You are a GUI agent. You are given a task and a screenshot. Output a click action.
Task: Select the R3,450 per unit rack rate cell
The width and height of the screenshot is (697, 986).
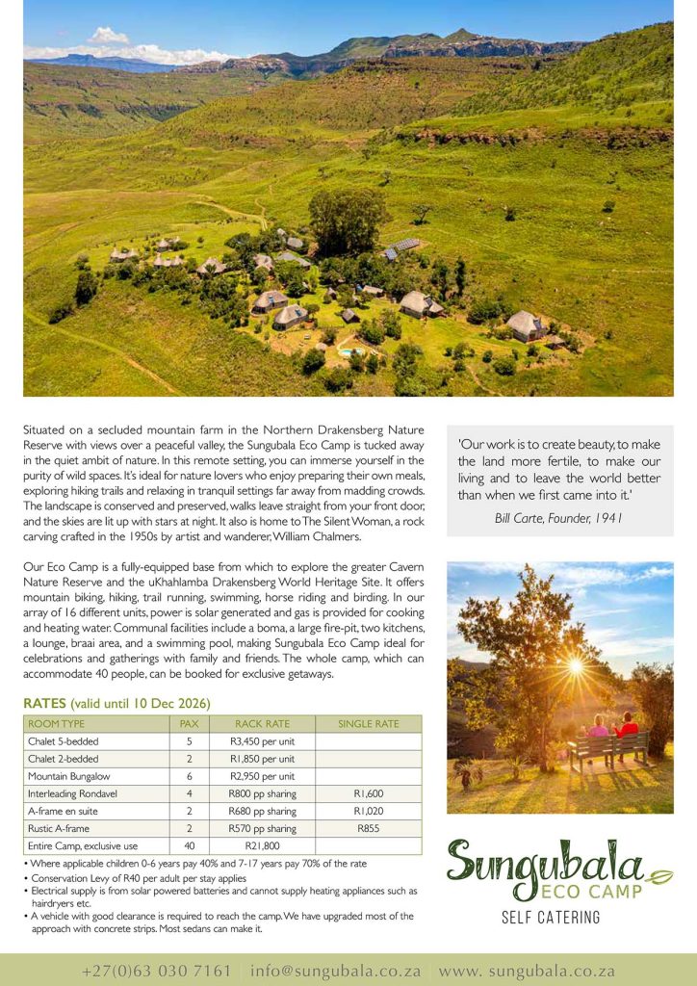point(262,741)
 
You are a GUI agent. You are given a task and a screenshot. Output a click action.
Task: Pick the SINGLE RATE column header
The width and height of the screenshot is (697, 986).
point(369,723)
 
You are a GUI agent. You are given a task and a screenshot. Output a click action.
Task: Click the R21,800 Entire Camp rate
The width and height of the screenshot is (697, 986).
point(262,846)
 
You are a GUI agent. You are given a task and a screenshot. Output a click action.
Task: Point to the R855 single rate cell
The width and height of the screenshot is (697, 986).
point(369,828)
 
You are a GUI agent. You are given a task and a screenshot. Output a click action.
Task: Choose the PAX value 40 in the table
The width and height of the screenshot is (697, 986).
point(188,846)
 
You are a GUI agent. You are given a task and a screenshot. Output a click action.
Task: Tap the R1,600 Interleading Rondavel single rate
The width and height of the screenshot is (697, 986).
point(369,793)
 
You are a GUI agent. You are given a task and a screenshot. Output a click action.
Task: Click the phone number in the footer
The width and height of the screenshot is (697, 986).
point(157,971)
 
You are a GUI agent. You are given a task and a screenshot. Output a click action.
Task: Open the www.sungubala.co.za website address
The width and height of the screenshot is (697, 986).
point(527,971)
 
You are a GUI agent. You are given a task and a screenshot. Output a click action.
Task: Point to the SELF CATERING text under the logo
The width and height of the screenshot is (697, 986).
point(551,918)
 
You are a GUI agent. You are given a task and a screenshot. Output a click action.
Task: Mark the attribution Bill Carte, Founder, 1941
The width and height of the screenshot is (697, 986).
point(558,518)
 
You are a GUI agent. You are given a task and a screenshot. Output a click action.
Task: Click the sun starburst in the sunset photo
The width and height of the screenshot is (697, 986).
point(575,665)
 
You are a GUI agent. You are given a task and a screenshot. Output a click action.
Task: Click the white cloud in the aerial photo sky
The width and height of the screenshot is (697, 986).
point(108,37)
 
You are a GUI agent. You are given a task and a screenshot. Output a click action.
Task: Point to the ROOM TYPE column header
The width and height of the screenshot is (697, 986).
point(57,723)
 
